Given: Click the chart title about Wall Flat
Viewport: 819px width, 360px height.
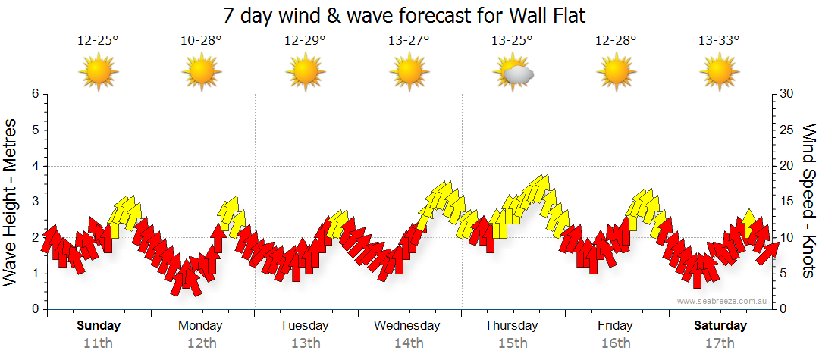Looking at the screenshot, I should [x=405, y=15].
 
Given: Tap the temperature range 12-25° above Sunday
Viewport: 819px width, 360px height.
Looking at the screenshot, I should [x=99, y=41].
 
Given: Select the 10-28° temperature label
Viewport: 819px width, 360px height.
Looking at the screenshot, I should [x=201, y=41].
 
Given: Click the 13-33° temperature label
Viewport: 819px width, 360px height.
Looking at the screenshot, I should [x=719, y=41].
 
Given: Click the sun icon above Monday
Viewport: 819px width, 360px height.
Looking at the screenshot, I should [x=201, y=73].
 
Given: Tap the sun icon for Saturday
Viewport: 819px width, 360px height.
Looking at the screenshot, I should [x=719, y=73].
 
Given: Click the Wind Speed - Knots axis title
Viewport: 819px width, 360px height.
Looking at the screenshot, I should [x=807, y=202].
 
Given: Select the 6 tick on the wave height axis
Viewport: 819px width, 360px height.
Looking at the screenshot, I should [x=35, y=94].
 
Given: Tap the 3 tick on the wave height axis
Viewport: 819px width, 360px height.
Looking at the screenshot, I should [x=35, y=202].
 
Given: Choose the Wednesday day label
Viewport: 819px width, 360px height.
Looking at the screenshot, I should [x=407, y=326].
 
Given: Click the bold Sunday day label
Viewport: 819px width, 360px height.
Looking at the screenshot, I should [x=99, y=326].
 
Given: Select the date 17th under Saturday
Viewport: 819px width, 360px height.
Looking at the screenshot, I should [x=719, y=343].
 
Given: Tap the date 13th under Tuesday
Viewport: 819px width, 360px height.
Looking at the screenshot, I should [x=304, y=343].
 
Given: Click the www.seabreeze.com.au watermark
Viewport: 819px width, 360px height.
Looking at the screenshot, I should [x=723, y=301].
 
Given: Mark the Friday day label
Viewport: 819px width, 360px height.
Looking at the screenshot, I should [x=615, y=326].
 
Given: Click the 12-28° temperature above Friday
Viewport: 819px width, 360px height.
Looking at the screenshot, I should [x=615, y=41].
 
